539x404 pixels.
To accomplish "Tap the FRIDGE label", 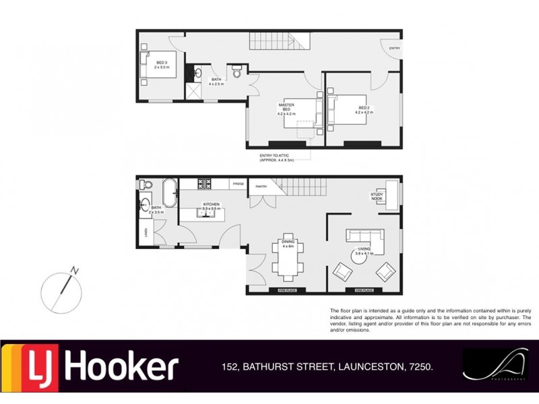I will [x=238, y=184].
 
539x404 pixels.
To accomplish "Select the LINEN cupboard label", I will [x=146, y=232].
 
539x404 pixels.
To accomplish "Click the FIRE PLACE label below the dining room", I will [x=286, y=290].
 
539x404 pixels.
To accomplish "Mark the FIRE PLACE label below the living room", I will [x=364, y=290].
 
